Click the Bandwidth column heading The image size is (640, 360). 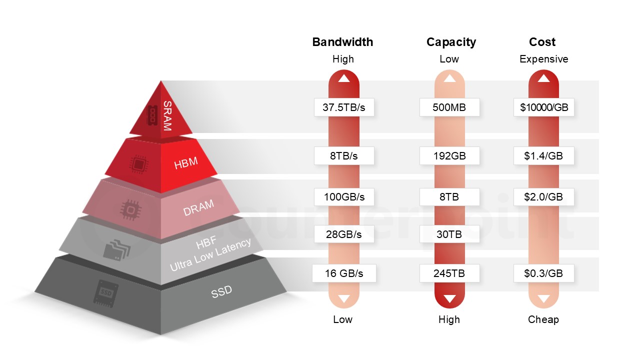pos(342,42)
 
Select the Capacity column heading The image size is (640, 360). pos(451,42)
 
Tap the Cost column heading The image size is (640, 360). pos(542,42)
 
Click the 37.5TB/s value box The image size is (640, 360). pos(344,107)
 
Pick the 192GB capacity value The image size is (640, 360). pos(449,155)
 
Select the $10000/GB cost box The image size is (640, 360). pos(543,107)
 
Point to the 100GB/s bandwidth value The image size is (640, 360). pos(344,197)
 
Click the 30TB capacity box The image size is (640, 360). pos(449,234)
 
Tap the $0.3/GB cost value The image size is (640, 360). pos(543,273)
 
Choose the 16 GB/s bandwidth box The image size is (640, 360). pos(344,273)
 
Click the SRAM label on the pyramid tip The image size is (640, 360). pos(167,115)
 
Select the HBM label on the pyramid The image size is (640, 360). pos(185,163)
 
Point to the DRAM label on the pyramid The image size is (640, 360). pos(198,207)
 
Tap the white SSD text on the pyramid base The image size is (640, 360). pos(221,291)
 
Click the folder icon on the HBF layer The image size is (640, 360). pos(117,249)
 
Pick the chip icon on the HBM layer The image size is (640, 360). pos(139,164)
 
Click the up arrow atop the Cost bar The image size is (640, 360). pos(543,78)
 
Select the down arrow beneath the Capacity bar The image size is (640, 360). pos(449,299)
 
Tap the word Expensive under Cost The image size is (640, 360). pos(543,59)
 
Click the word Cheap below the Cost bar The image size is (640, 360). pos(543,319)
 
